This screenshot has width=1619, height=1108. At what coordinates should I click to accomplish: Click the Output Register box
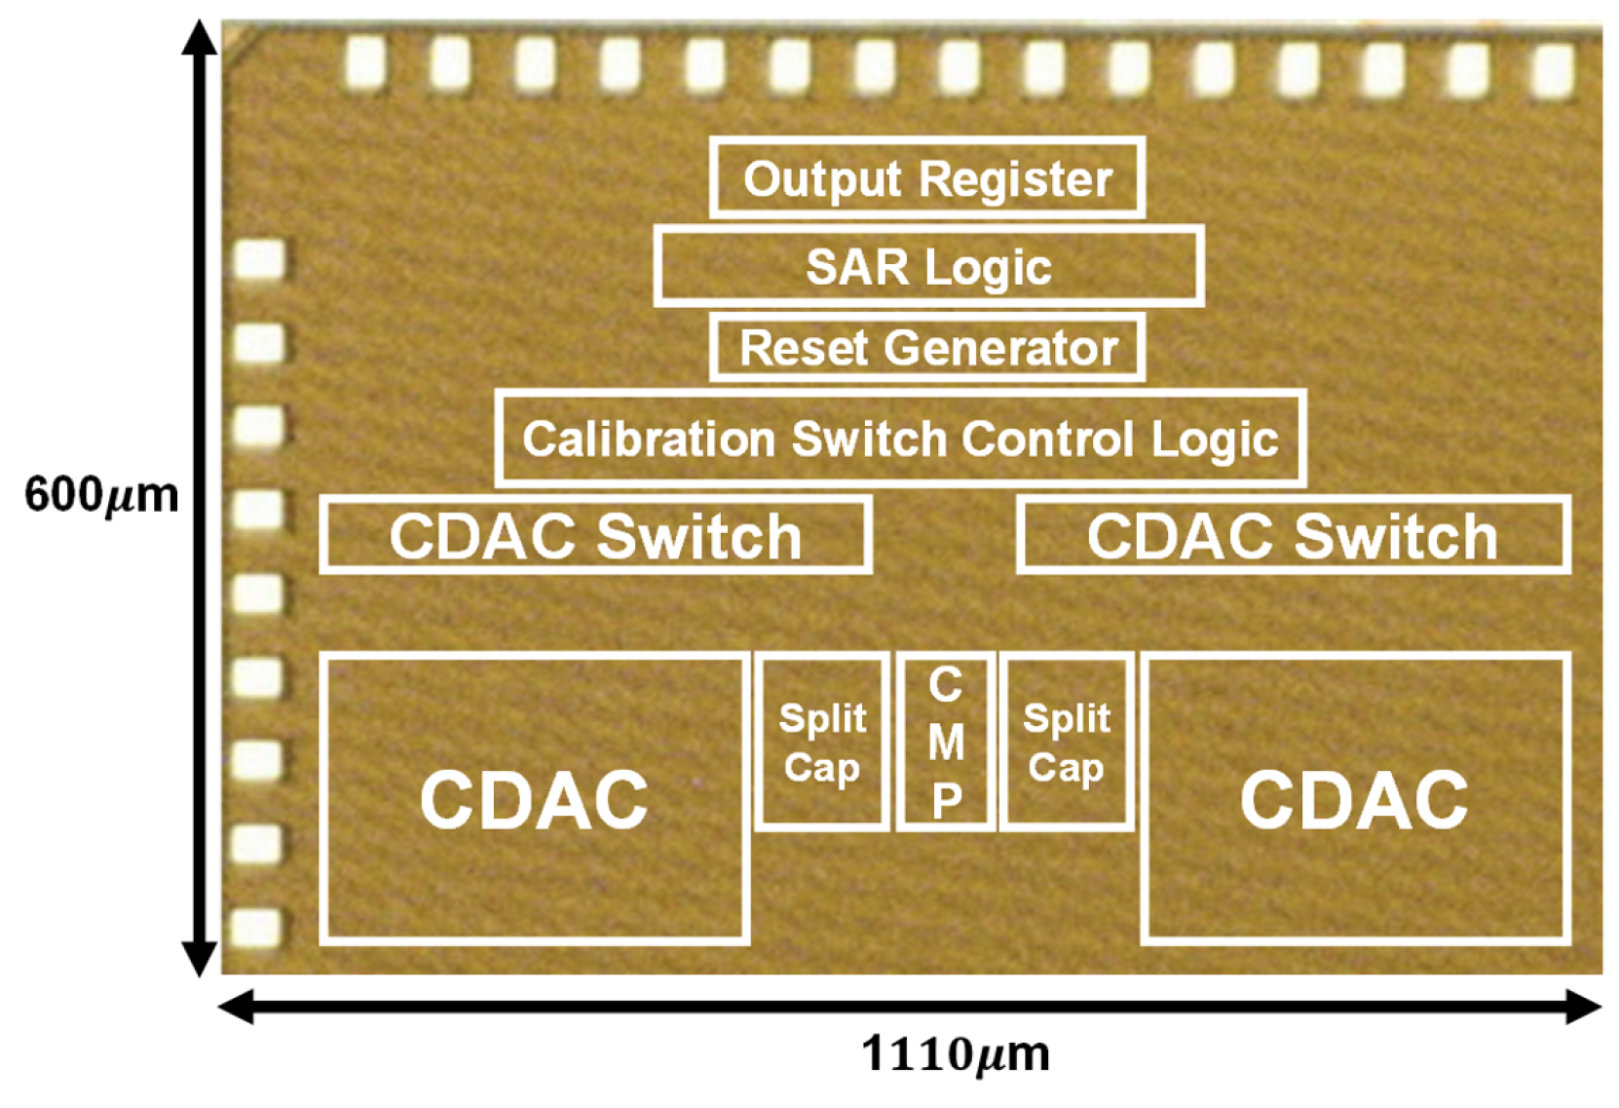[926, 178]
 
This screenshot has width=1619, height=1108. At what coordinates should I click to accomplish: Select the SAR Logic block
[928, 266]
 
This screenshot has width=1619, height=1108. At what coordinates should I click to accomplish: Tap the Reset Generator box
[926, 348]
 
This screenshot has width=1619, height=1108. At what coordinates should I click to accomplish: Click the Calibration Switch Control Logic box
[899, 439]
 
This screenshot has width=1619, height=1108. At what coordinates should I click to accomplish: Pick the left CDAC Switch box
[595, 535]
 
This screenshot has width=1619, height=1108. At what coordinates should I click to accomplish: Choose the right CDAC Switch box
[1293, 535]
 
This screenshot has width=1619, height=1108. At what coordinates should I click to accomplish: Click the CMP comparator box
[946, 743]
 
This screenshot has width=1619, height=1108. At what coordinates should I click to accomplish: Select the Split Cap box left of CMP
[822, 743]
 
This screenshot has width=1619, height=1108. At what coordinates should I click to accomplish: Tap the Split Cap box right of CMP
[1067, 743]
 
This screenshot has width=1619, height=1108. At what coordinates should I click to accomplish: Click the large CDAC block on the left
[534, 799]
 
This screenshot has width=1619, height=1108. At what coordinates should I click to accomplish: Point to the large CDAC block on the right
[1354, 799]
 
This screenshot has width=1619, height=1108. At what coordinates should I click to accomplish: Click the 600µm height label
[101, 495]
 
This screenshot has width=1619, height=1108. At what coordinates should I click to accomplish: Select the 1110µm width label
[955, 1054]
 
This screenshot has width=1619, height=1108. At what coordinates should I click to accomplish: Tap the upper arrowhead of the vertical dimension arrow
[200, 39]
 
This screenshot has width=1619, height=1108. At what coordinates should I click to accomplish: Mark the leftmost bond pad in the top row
[365, 63]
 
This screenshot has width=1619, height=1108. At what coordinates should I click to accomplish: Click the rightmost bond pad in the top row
[1553, 68]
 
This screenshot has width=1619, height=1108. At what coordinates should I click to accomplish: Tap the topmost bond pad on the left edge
[260, 260]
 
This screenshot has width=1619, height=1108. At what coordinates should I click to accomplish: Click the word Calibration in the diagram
[647, 439]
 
